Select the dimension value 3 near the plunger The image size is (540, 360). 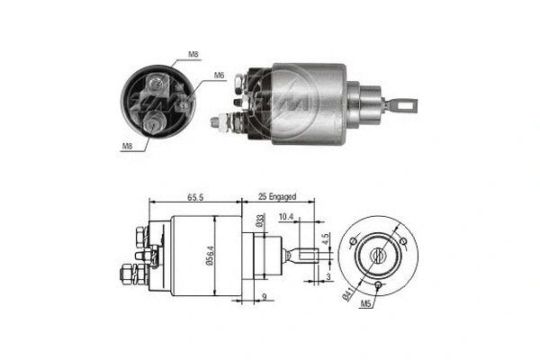point(329,277)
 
